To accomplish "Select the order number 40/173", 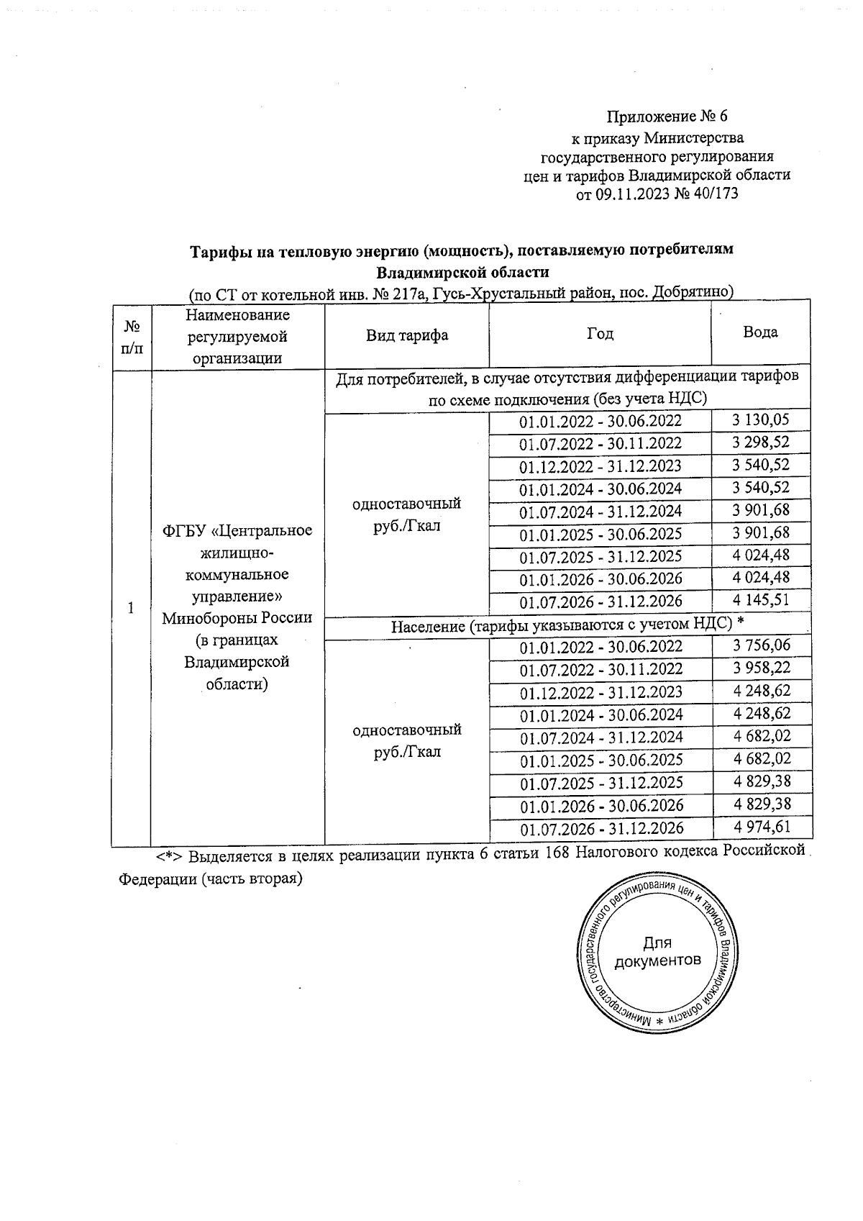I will [x=714, y=194].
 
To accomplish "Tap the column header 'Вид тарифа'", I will [x=407, y=335].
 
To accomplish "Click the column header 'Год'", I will [x=600, y=333].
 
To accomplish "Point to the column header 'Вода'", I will [x=760, y=332].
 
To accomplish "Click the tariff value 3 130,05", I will [x=761, y=419].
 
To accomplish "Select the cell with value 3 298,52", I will [x=761, y=442].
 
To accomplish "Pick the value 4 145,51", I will [x=761, y=600].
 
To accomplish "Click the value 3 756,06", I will [x=761, y=645].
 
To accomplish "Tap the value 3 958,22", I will [x=761, y=668].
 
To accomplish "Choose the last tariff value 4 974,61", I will [x=761, y=827].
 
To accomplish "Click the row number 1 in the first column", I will [x=131, y=608].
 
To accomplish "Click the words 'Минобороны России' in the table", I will [x=237, y=618].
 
